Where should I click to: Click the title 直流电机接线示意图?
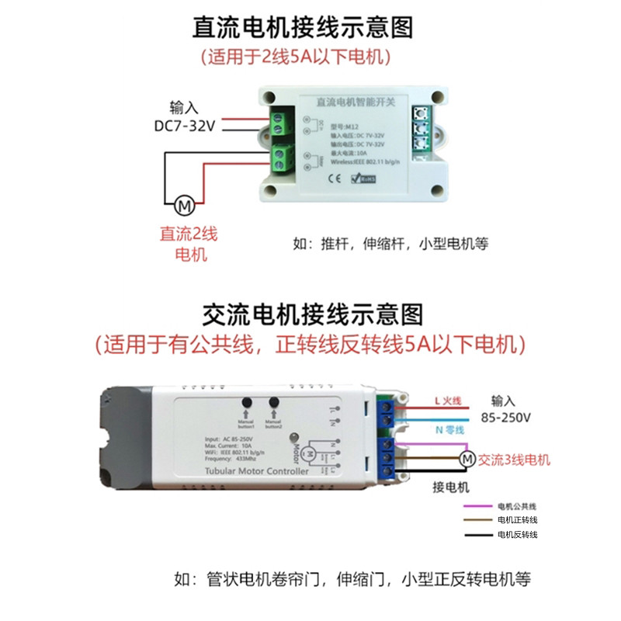303,27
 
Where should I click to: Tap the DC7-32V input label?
184,126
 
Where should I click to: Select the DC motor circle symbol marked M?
185,206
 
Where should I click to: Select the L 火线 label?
448,401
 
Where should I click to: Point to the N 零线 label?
448,429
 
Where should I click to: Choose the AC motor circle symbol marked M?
467,460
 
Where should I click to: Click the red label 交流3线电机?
515,460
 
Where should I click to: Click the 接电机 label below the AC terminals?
451,487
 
